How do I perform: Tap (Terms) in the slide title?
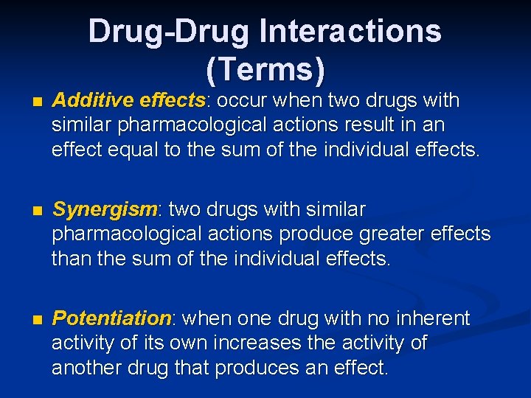[265, 69]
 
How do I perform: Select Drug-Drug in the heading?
[169, 32]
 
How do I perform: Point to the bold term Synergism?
[105, 210]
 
